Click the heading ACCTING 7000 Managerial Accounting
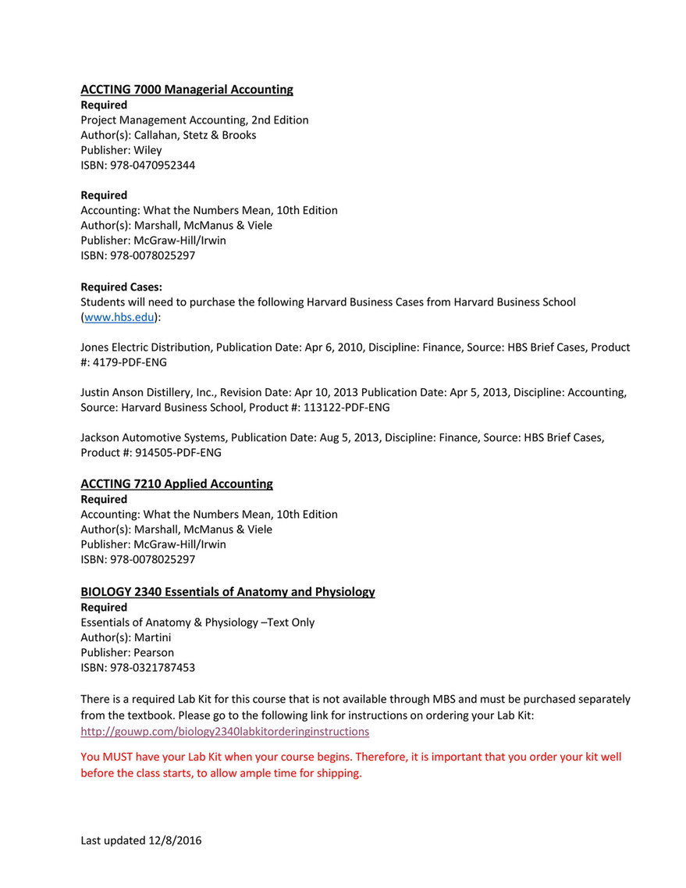pos(187,89)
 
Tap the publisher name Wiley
pos(148,150)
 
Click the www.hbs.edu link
pos(119,317)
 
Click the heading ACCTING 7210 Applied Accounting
pos(176,483)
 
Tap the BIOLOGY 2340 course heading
pos(227,591)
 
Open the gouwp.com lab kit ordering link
pos(225,732)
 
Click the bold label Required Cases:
pos(121,287)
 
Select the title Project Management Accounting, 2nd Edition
pos(194,119)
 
